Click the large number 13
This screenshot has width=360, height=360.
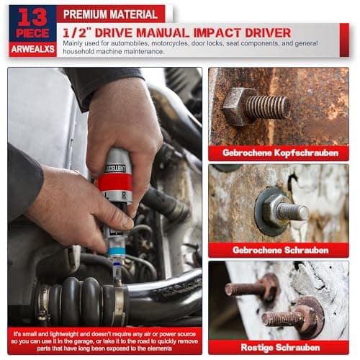click(32, 17)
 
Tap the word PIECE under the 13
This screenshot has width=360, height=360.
click(32, 34)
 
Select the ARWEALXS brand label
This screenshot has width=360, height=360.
click(32, 49)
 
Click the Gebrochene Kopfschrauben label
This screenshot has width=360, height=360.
click(278, 153)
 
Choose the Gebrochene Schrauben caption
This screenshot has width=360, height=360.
click(278, 250)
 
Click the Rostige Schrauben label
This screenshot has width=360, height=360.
click(278, 346)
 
